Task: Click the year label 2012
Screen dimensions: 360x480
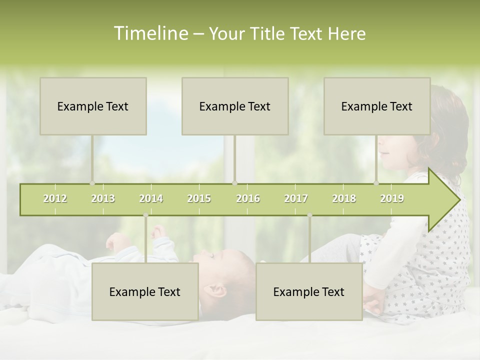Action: [55, 198]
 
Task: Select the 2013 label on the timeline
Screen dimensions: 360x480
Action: [103, 198]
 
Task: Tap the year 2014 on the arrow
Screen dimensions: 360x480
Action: [151, 198]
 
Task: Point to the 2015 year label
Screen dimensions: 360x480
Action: [199, 198]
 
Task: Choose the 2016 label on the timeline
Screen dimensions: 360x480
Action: [248, 198]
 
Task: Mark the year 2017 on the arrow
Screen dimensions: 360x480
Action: [296, 198]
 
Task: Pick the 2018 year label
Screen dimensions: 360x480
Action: [344, 198]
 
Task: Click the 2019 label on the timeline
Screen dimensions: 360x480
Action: [392, 198]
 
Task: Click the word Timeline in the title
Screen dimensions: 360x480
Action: [150, 33]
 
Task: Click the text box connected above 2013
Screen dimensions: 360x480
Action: [93, 106]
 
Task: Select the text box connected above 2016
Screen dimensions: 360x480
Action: [235, 106]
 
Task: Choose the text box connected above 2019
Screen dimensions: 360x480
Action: [377, 106]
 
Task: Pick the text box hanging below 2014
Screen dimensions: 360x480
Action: [145, 291]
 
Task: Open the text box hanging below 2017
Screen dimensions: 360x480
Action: [309, 291]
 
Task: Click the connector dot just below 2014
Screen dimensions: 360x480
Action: [145, 215]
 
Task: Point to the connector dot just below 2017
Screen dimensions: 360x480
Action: [309, 215]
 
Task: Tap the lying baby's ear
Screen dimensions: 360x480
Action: [218, 289]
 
